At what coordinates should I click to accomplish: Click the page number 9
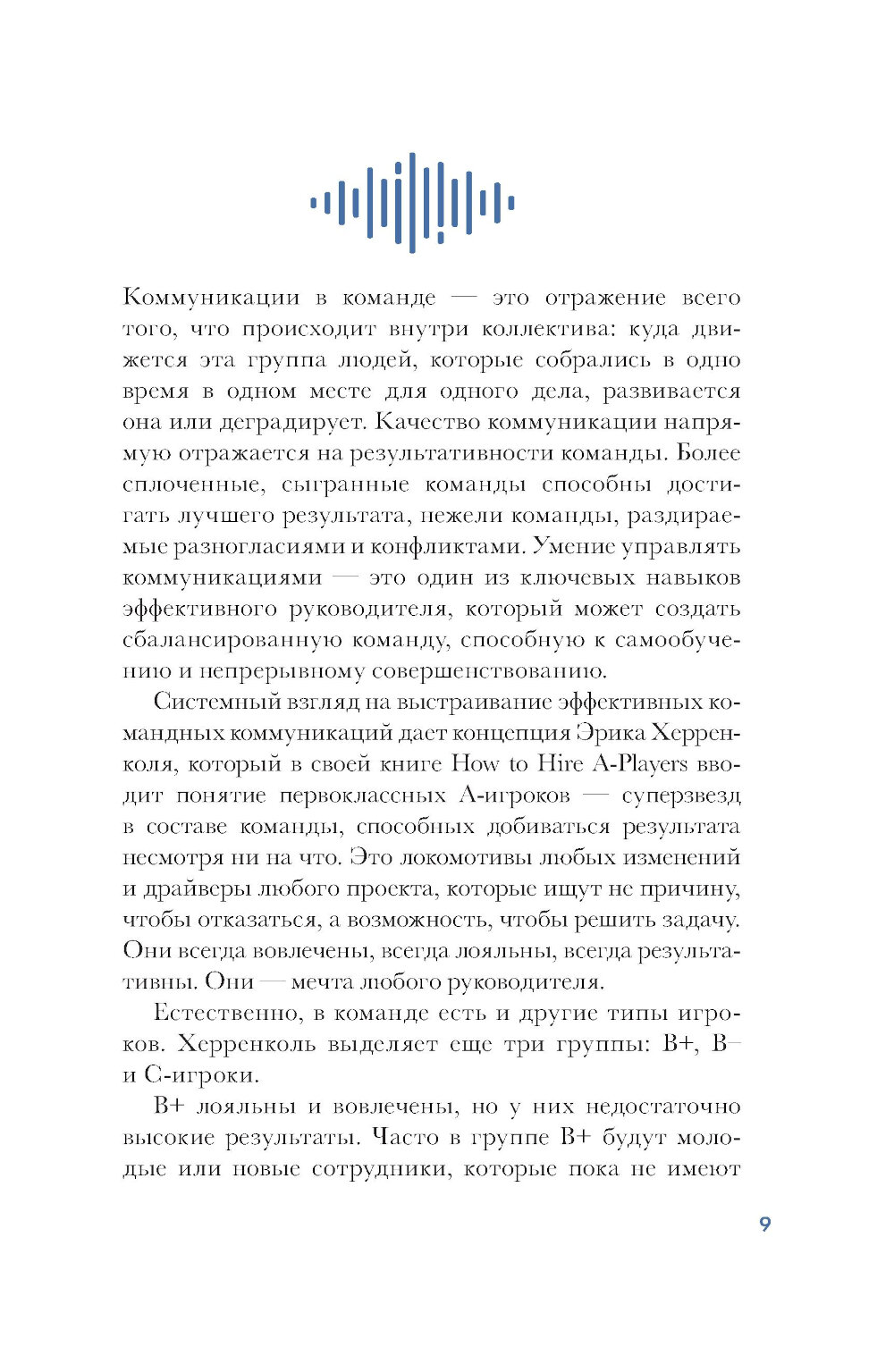click(764, 1224)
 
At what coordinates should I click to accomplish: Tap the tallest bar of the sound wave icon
click(412, 203)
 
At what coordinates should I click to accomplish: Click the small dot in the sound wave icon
click(440, 238)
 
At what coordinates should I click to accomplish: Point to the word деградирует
click(286, 422)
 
